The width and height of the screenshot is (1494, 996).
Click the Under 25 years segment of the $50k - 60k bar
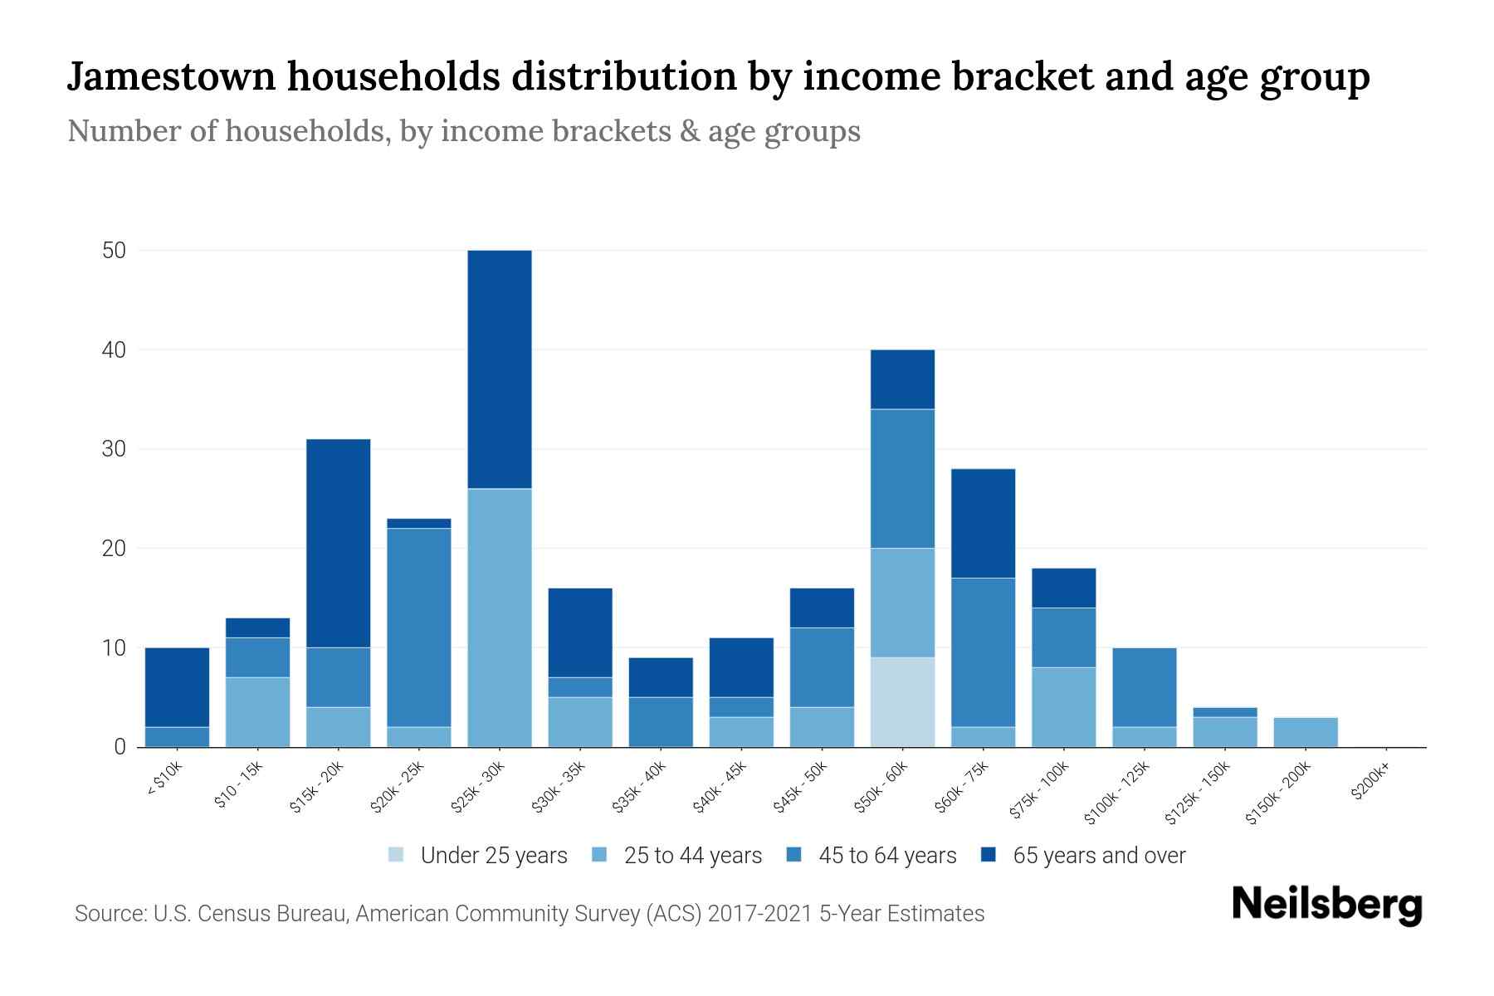click(902, 702)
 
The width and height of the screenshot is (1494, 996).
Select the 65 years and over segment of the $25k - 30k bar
click(500, 369)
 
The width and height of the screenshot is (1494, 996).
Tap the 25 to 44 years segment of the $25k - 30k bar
click(500, 618)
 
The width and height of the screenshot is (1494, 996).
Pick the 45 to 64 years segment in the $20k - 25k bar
click(419, 627)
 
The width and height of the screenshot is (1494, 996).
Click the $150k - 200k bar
click(1306, 732)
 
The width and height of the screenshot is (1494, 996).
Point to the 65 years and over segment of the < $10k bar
click(177, 687)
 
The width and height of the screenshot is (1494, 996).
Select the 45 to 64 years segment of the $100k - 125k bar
click(1144, 687)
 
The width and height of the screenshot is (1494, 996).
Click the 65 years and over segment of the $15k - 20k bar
click(339, 544)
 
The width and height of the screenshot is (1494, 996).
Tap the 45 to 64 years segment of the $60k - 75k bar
click(983, 652)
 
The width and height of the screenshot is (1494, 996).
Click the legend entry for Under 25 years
click(493, 856)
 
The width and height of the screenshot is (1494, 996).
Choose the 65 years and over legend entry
click(1098, 856)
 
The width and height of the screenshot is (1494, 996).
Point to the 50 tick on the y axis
click(114, 251)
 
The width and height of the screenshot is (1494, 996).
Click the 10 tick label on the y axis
click(114, 647)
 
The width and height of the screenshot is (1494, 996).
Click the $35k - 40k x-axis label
click(639, 789)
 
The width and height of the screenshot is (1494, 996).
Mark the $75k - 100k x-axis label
click(1039, 793)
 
